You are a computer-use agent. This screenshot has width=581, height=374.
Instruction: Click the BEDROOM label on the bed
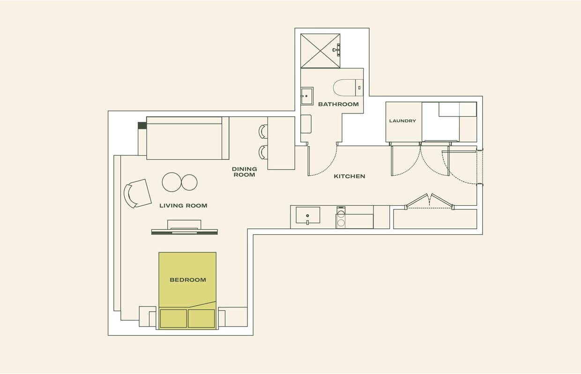click(x=187, y=280)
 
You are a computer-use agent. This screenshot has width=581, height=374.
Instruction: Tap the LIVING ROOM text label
click(x=183, y=206)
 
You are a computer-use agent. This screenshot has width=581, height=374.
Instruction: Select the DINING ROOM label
click(x=244, y=172)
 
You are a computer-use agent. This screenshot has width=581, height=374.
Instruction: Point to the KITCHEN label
click(x=349, y=177)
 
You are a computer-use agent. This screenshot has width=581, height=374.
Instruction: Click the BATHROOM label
click(x=338, y=105)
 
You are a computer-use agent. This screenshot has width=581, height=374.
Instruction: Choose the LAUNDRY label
click(x=402, y=121)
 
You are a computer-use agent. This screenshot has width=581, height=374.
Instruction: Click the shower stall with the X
click(x=320, y=51)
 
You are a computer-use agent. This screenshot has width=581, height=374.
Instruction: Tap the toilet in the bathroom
click(x=346, y=87)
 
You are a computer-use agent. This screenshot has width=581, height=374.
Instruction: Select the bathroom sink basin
click(x=307, y=96)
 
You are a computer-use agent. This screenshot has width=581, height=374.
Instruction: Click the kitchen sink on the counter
click(x=308, y=216)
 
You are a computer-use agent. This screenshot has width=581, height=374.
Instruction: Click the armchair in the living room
click(x=137, y=193)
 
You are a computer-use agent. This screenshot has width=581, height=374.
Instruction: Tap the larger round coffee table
click(x=171, y=182)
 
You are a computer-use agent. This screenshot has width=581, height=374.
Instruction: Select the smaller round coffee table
click(x=189, y=182)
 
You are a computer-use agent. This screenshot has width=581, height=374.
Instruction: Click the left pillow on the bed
click(x=173, y=318)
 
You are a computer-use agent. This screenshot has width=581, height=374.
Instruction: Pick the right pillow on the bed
click(x=201, y=318)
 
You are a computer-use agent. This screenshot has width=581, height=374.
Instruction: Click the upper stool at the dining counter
click(x=263, y=132)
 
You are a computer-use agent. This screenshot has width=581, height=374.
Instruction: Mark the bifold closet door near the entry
click(x=429, y=200)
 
